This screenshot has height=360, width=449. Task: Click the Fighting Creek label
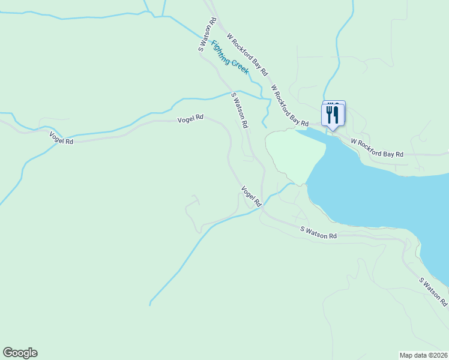coord(230,57)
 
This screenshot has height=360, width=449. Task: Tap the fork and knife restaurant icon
coord(333,113)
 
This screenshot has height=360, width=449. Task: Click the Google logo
coord(20,353)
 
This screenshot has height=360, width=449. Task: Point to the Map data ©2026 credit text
coord(424,355)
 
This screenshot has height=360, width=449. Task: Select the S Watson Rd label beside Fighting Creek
coord(207,36)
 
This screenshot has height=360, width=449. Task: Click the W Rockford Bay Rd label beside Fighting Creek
coord(247,53)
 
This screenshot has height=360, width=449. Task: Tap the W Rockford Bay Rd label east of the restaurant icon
coord(377,149)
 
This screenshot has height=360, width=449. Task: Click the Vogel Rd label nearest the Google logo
coord(61,138)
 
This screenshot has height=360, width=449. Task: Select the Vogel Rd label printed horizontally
coord(190,119)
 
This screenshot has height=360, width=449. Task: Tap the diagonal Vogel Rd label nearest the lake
coord(252,197)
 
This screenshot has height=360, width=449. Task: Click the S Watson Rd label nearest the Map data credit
coord(433,292)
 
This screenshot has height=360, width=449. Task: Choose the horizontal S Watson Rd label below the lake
coord(318,232)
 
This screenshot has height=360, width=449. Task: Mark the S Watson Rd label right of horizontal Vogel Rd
coord(239,110)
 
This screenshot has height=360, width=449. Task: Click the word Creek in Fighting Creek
coord(238,64)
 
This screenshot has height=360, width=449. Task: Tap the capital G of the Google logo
coord(8,353)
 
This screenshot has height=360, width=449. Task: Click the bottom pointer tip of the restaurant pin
coord(333,130)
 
